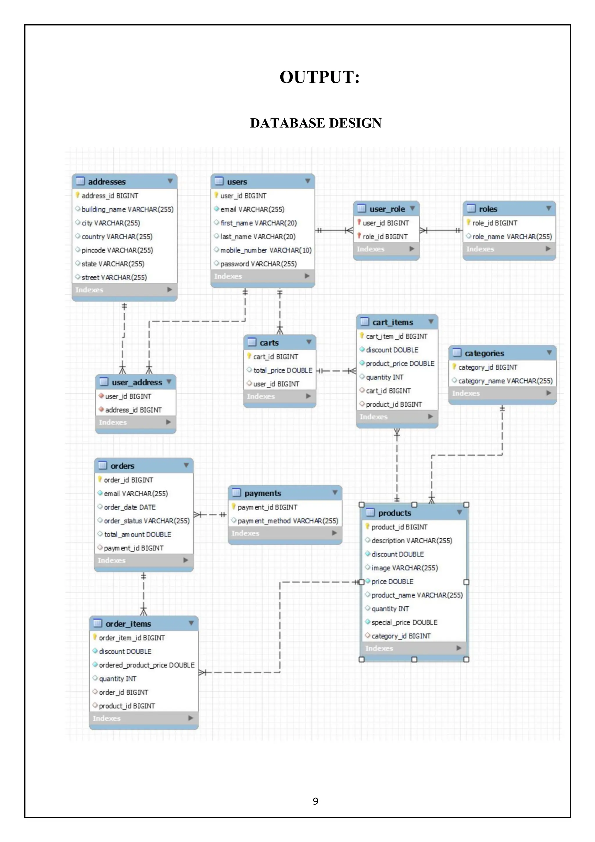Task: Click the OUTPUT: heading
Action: tap(319, 77)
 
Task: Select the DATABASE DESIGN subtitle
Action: tap(316, 123)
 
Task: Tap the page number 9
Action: tap(315, 801)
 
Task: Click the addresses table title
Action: tap(107, 182)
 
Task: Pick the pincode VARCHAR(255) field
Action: tap(117, 250)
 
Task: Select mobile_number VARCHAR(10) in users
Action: tap(266, 250)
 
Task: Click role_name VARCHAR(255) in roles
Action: tap(512, 237)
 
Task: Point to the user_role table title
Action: tap(387, 209)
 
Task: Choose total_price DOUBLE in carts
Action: tap(283, 370)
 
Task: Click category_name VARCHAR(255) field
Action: tap(505, 381)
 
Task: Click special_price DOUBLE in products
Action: tap(404, 622)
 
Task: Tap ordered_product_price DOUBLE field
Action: tap(147, 665)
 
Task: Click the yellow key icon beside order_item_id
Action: tap(95, 637)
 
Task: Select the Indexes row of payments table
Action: tap(284, 533)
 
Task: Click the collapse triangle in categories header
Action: tap(549, 353)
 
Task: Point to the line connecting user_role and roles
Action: tap(442, 230)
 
